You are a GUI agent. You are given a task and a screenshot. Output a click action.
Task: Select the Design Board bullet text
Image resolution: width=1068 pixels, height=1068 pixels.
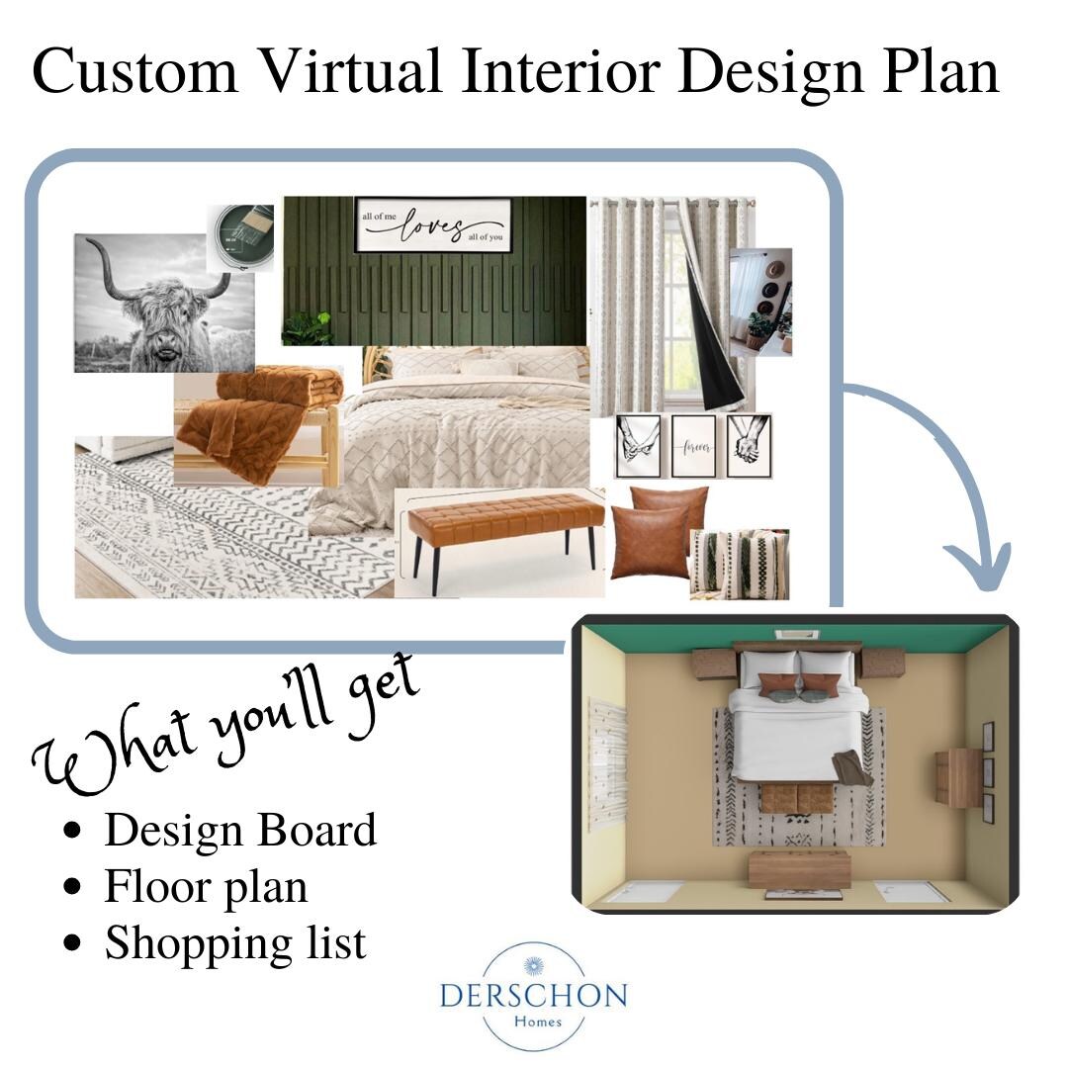(x=240, y=830)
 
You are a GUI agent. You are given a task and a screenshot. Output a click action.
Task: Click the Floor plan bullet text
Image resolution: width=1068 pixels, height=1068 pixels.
(x=206, y=887)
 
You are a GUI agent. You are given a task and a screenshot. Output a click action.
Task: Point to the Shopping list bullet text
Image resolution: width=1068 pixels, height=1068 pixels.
(x=235, y=943)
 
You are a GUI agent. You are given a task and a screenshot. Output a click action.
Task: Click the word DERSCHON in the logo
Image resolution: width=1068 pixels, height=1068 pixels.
(x=534, y=995)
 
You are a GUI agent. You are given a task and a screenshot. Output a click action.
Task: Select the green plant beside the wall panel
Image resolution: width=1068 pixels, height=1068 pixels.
(x=308, y=327)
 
